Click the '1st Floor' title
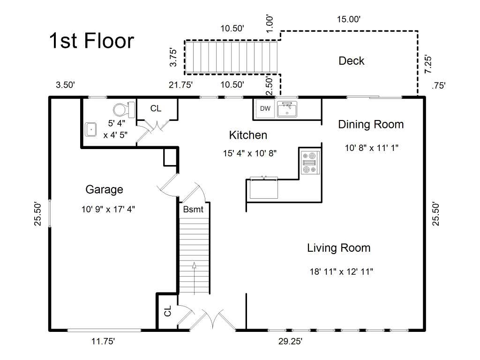pyautogui.click(x=91, y=40)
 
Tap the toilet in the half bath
pyautogui.click(x=124, y=110)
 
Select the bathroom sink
pyautogui.click(x=91, y=129)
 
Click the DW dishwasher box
pyautogui.click(x=265, y=108)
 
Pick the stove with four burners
pyautogui.click(x=310, y=163)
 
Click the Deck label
pyautogui.click(x=352, y=60)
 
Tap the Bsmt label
pyautogui.click(x=193, y=210)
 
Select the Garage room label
pyautogui.click(x=104, y=189)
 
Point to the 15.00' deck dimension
pyautogui.click(x=349, y=19)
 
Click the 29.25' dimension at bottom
pyautogui.click(x=290, y=341)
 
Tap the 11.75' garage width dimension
pyautogui.click(x=103, y=341)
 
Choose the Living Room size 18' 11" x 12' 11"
pyautogui.click(x=341, y=271)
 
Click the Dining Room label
pyautogui.click(x=371, y=124)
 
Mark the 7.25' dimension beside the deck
pyautogui.click(x=427, y=64)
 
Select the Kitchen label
pyautogui.click(x=248, y=135)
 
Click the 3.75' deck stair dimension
pyautogui.click(x=173, y=57)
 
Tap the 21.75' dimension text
pyautogui.click(x=180, y=85)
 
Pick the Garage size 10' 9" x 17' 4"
pyautogui.click(x=108, y=210)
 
